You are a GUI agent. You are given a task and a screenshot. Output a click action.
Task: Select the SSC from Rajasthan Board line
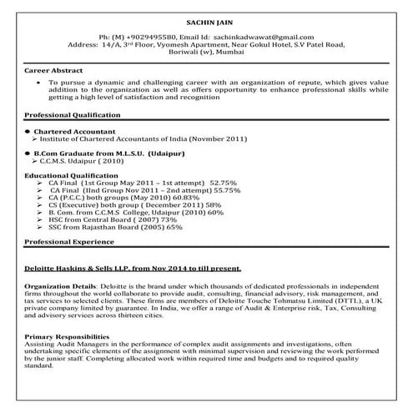[115, 227]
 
